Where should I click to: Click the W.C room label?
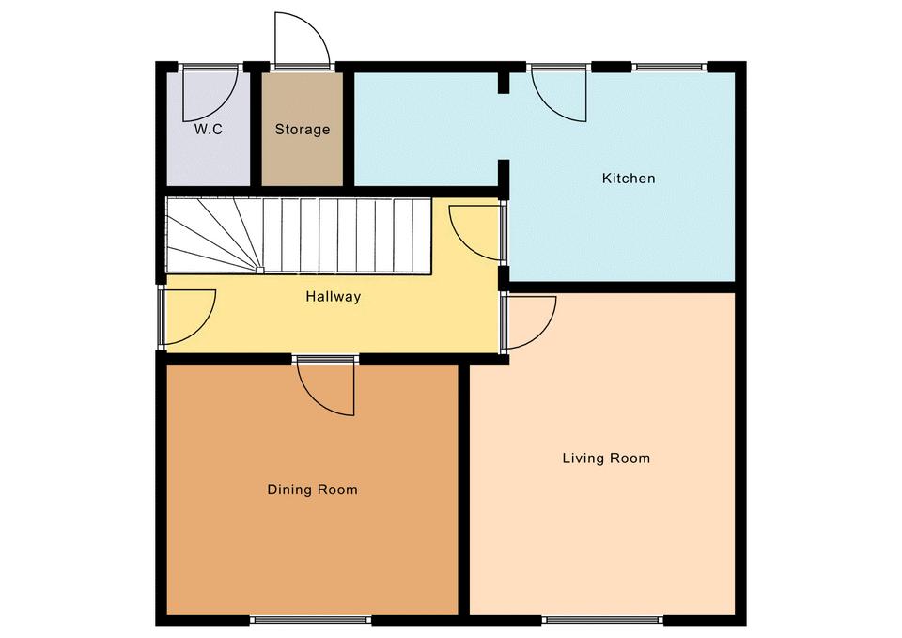pyautogui.click(x=208, y=130)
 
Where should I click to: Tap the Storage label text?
pyautogui.click(x=303, y=130)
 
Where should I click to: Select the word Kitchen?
pyautogui.click(x=629, y=179)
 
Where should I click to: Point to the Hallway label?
pyautogui.click(x=333, y=297)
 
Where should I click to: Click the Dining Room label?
pyautogui.click(x=312, y=490)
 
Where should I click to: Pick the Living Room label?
pyautogui.click(x=606, y=459)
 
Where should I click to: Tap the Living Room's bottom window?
pyautogui.click(x=602, y=620)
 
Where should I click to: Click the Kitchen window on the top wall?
pyautogui.click(x=670, y=67)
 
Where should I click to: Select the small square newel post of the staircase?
pyautogui.click(x=260, y=270)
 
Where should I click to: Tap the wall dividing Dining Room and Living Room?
pyautogui.click(x=464, y=490)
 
